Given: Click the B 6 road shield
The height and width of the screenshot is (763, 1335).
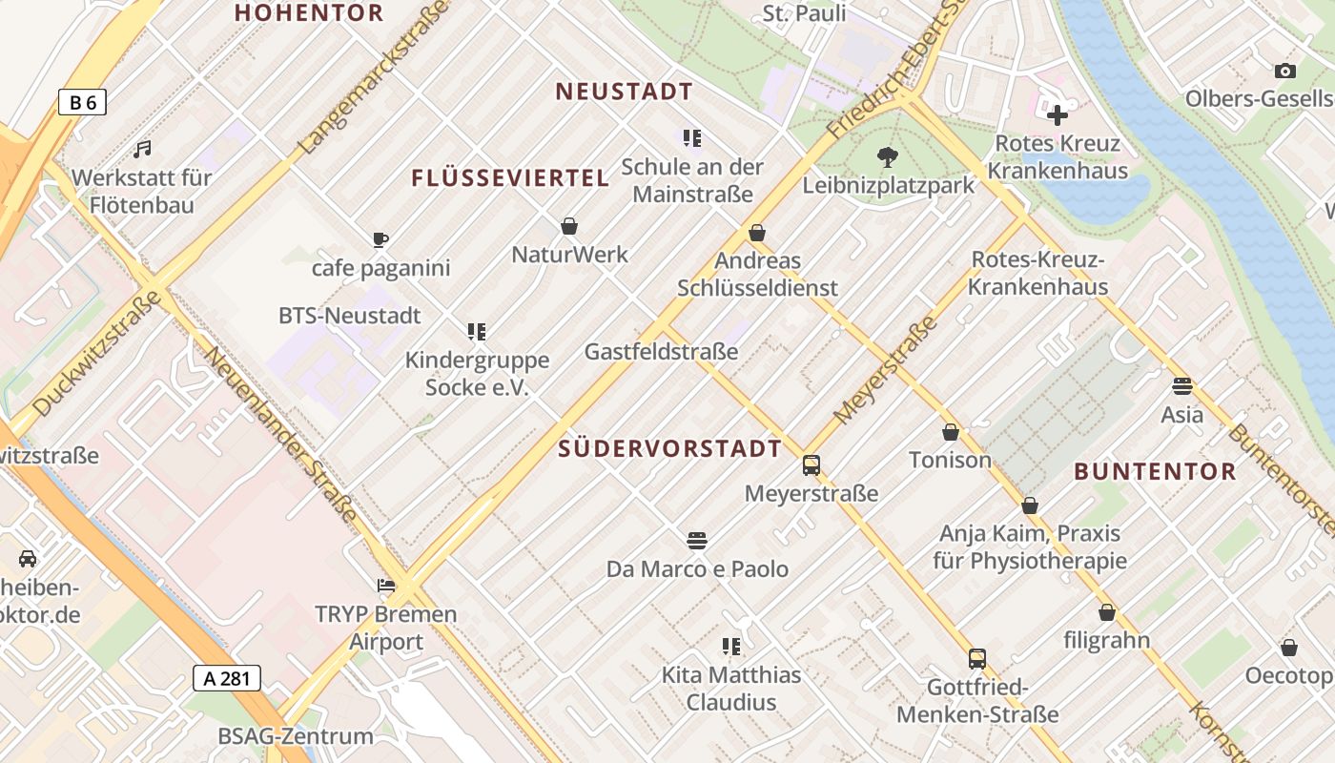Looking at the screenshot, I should [82, 102].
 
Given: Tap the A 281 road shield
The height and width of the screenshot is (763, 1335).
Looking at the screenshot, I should [226, 678].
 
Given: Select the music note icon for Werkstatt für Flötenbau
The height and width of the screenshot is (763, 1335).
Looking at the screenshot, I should [142, 149].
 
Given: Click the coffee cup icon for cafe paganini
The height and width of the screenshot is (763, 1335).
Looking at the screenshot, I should [380, 239].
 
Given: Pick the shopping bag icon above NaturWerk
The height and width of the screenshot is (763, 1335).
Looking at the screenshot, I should [569, 226].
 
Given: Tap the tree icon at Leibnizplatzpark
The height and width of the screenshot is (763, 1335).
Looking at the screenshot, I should [888, 156].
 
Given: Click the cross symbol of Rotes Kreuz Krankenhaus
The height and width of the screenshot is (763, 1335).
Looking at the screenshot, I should [1057, 115].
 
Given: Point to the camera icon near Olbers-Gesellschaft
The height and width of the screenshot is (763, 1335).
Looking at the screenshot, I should [1284, 71].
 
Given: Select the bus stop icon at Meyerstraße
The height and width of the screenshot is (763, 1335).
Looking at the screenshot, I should [811, 465].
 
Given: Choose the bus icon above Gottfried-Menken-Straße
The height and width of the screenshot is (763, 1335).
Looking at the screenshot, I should [977, 658].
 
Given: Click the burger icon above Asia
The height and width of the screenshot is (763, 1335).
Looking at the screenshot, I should [1182, 386].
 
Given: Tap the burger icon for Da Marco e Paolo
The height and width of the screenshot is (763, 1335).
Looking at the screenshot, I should [697, 541].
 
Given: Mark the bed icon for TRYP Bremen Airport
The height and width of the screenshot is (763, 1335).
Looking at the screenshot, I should [386, 585].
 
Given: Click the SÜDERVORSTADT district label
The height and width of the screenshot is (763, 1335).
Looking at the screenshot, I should [669, 448].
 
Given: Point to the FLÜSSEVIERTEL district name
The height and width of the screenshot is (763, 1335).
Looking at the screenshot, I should [510, 178].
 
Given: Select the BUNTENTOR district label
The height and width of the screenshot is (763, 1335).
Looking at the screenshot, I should [1155, 471].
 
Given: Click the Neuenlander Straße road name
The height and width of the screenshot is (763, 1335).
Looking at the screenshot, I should [282, 435].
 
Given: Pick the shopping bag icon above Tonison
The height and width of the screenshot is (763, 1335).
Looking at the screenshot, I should [950, 432].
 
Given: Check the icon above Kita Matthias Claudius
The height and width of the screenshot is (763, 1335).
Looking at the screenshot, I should [731, 647].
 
